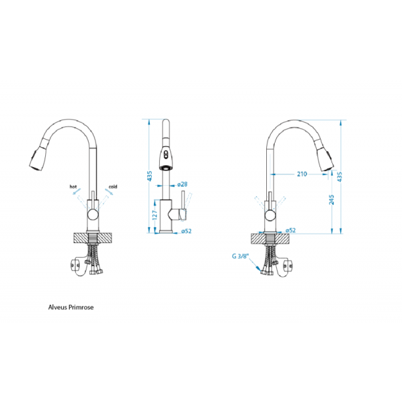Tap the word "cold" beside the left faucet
(x=112, y=187)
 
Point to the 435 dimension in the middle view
(x=150, y=176)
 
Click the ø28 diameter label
(x=182, y=184)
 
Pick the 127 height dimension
(x=154, y=215)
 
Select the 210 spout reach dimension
(x=301, y=174)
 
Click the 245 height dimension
(x=331, y=200)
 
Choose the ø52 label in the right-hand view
(x=290, y=230)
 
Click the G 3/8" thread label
(x=241, y=256)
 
